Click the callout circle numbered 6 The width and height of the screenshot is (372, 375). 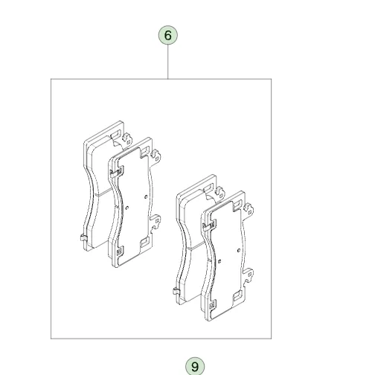pos(168,35)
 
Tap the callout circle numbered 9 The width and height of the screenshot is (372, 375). pos(195,366)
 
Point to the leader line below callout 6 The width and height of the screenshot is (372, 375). pos(168,62)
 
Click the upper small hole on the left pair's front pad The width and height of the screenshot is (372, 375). pos(146,197)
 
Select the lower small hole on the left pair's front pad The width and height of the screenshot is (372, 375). pos(127,208)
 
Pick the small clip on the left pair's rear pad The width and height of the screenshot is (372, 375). pos(84,238)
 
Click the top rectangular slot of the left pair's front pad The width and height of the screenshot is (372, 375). pos(144,151)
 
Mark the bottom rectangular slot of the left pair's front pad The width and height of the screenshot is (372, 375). pos(144,243)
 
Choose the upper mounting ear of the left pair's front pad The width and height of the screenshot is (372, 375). pos(155,156)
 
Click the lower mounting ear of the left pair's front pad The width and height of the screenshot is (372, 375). pos(155,222)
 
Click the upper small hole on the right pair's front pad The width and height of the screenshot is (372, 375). pos(239,251)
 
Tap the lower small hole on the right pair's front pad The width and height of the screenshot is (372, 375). pos(219,261)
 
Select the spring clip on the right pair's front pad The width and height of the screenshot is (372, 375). pos(209,226)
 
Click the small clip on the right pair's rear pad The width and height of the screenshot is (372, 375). pos(176,291)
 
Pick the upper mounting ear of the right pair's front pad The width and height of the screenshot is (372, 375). pos(248,210)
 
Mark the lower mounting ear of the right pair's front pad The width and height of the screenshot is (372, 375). pos(248,275)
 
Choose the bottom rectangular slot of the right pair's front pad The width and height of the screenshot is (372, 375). pos(237,296)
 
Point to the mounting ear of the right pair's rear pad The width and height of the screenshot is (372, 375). pos(219,193)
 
